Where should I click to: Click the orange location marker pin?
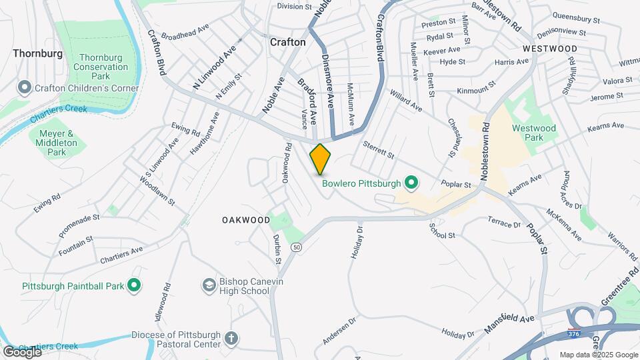pos(320,159)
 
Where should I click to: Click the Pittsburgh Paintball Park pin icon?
pos(134,285)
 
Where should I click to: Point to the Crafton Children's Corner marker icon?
pos(25,88)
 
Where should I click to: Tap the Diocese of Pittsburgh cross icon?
pos(231,339)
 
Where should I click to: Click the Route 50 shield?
pos(296,247)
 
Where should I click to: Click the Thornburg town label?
pos(37,53)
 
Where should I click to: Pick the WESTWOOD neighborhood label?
pos(550,49)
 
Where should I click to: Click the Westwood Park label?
pos(533,133)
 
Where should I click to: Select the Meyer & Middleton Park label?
pos(57,143)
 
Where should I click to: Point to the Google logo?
pos(21,351)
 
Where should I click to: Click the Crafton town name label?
pos(287,42)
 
